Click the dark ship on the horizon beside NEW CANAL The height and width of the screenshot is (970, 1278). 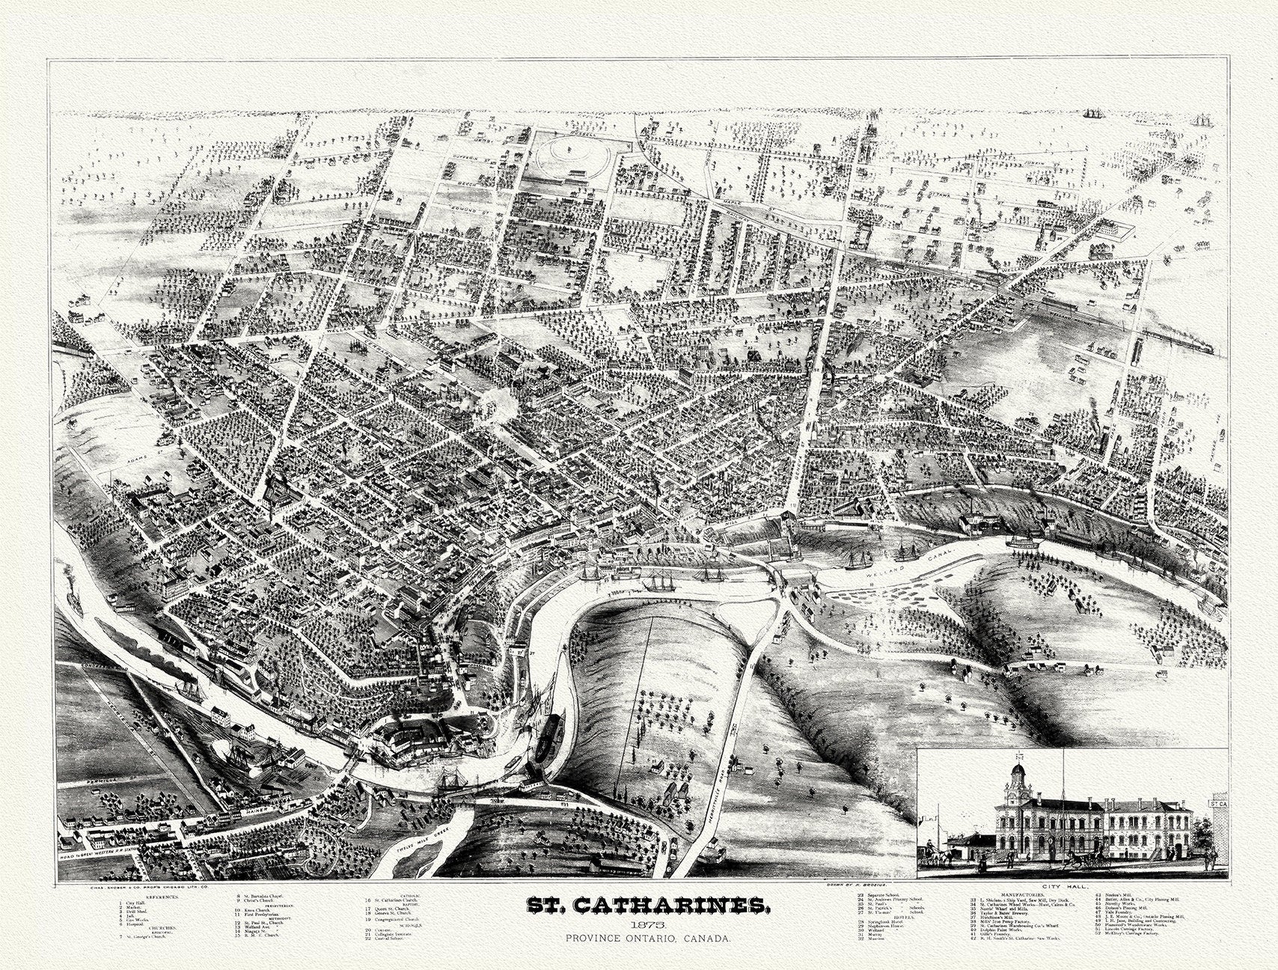(x=1096, y=113)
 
